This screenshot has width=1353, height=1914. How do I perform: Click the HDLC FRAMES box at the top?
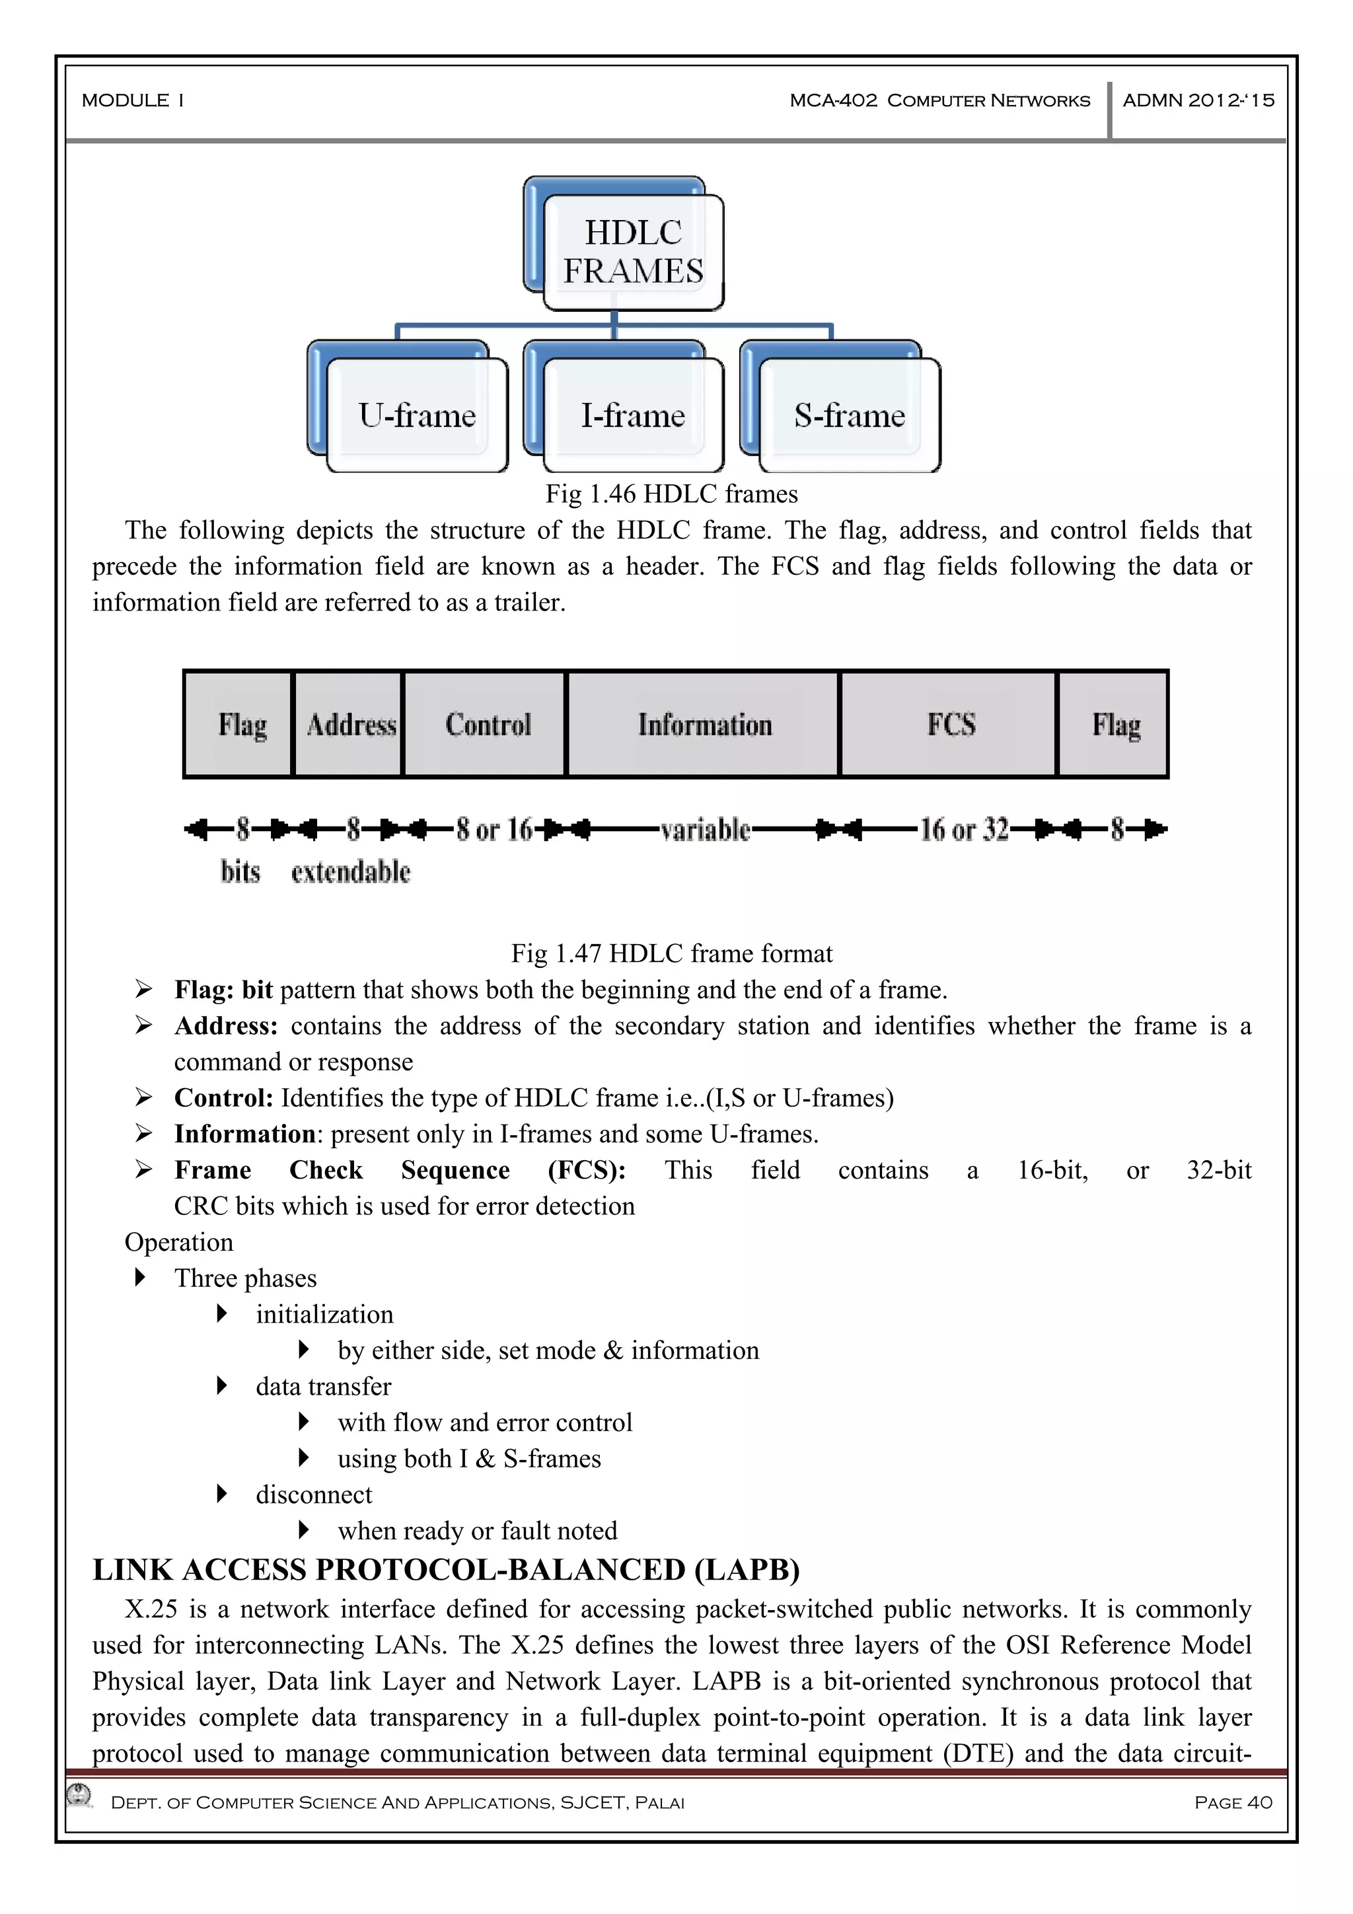coord(633,252)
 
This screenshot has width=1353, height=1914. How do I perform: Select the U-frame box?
coord(417,415)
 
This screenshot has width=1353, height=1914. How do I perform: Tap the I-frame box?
coord(633,415)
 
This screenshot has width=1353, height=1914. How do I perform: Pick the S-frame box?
coord(849,415)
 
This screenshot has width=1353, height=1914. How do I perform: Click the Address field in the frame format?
coord(350,724)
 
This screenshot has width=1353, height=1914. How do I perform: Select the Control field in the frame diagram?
coord(487,724)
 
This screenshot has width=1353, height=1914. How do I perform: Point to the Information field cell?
coord(704,724)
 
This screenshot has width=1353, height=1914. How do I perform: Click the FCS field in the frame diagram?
coord(951,724)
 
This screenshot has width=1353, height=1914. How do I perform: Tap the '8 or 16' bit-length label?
coord(494,829)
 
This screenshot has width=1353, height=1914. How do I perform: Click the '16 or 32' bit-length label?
coord(964,829)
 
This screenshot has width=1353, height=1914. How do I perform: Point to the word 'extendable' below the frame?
coord(350,872)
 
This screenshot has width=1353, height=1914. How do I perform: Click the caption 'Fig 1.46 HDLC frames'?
coord(671,494)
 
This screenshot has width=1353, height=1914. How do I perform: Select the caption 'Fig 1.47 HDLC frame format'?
coord(671,953)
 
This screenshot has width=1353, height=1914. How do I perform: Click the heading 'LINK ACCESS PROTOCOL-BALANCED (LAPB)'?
coord(446,1570)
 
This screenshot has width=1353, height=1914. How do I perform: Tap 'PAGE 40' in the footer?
coord(1232,1802)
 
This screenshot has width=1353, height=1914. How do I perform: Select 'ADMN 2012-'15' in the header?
coord(1198,101)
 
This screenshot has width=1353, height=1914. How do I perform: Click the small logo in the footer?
coord(80,1795)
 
